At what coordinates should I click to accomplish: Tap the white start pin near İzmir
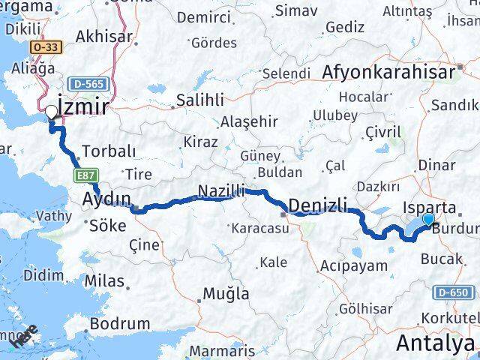[x=52, y=112]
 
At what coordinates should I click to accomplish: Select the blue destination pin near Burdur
[x=428, y=219]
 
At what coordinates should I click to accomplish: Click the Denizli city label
[x=318, y=203]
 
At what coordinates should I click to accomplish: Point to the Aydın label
[x=106, y=199]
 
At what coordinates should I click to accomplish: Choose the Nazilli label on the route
[x=221, y=192]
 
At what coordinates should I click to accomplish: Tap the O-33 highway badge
[x=47, y=46]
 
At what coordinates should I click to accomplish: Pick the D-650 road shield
[x=453, y=292]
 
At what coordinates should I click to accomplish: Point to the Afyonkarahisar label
[x=389, y=72]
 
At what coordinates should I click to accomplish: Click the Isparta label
[x=429, y=205]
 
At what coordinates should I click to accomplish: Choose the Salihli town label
[x=199, y=100]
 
